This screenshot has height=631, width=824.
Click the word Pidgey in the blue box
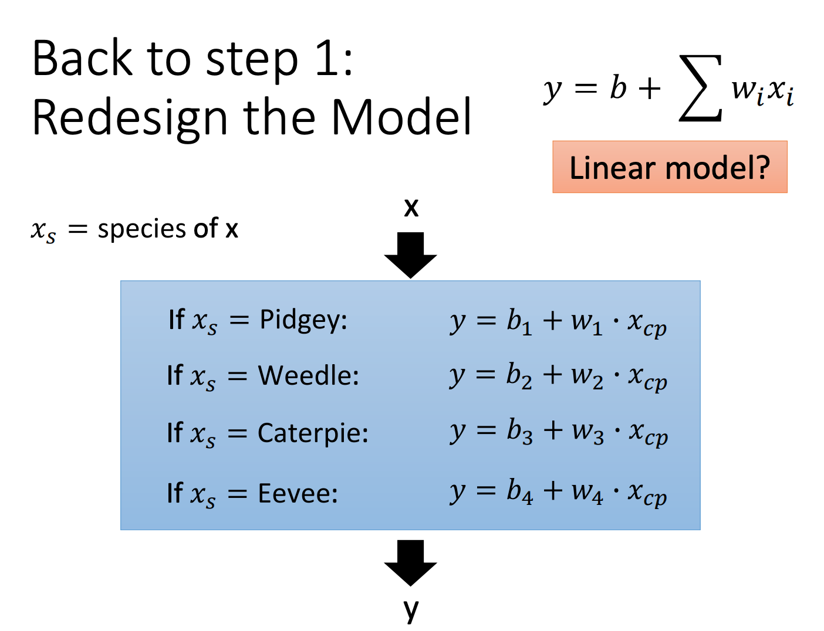[303, 321]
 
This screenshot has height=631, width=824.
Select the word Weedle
[308, 376]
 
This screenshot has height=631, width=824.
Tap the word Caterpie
[312, 433]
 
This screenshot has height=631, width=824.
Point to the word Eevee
[298, 494]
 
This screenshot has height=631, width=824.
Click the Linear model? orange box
[669, 167]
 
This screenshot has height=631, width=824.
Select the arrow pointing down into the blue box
[410, 255]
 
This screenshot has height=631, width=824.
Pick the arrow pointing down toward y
[410, 562]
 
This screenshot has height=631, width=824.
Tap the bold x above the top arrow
[411, 208]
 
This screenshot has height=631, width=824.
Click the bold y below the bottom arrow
[411, 610]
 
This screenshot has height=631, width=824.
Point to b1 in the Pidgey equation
[519, 322]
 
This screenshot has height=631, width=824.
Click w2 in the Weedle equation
[587, 377]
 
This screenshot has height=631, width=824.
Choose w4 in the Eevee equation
[587, 493]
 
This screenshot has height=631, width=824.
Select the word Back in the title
[82, 59]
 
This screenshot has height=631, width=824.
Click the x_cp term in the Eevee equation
[647, 494]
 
